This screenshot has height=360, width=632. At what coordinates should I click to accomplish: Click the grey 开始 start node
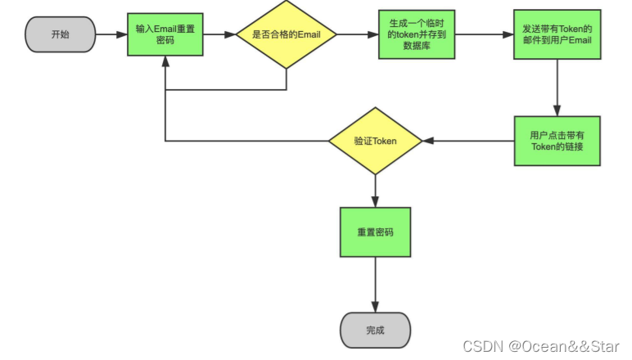61,34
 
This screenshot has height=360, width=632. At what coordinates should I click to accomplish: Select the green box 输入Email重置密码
165,34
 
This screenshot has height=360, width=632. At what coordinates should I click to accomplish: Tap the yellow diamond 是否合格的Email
286,34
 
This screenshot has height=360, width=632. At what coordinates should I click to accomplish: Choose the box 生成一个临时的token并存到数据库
417,34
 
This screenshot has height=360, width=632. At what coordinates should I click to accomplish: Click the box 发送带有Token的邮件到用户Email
557,34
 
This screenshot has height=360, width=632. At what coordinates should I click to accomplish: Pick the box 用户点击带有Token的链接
557,141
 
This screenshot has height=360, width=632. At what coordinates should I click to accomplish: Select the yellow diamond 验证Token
375,141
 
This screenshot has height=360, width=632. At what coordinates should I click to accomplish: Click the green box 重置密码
375,232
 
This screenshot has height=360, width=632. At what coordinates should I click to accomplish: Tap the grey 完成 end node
375,331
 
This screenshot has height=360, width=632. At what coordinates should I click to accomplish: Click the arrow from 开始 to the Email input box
111,34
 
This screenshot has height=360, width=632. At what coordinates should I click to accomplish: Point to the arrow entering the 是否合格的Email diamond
219,34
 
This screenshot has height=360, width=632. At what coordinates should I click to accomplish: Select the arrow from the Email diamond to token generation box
357,34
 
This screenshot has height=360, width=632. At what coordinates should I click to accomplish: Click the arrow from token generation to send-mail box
484,34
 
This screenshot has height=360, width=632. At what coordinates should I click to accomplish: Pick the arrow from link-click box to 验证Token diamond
469,141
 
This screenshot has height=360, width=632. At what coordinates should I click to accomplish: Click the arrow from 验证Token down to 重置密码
375,191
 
